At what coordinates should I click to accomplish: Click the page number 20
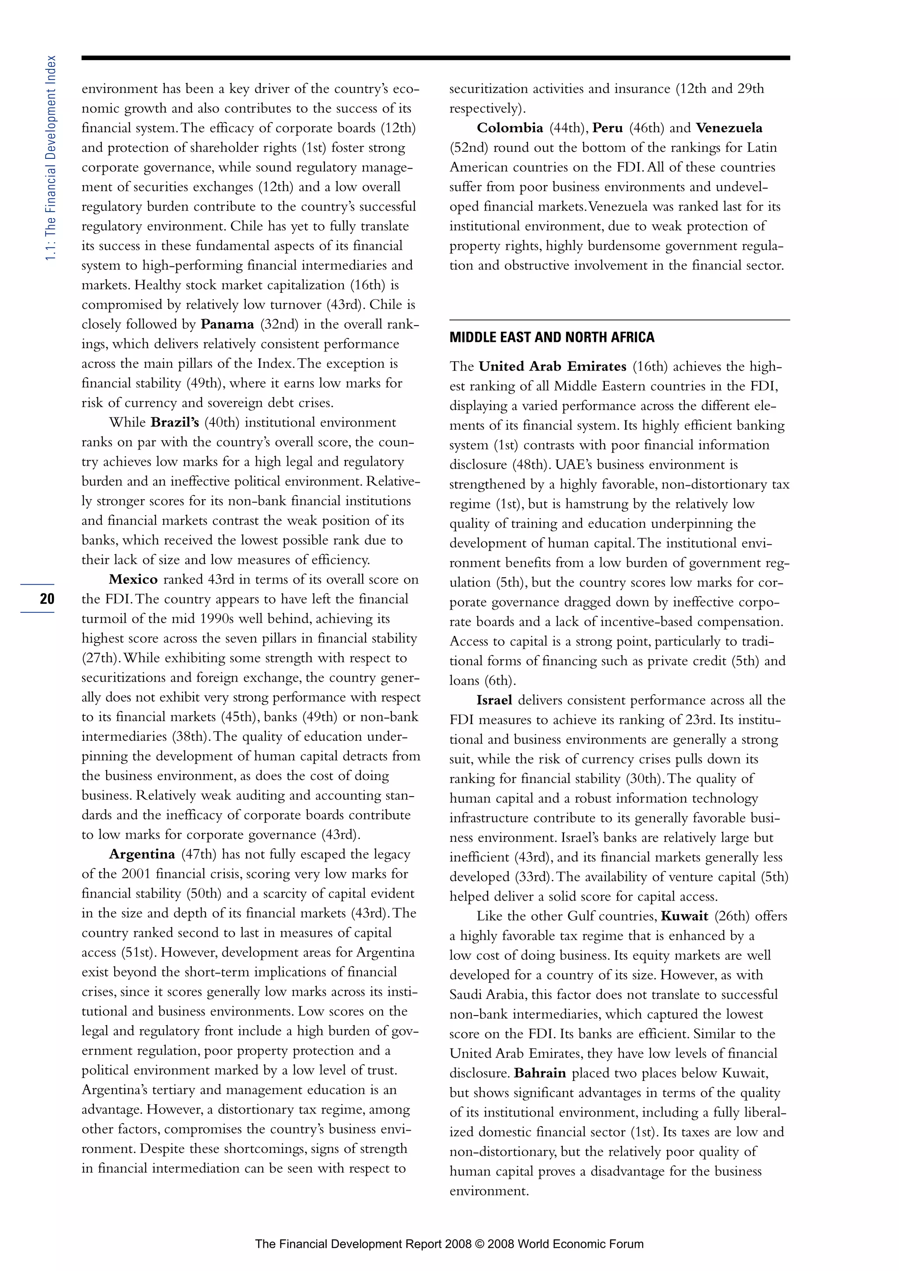pyautogui.click(x=47, y=598)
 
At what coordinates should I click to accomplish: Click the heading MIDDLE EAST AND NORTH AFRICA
pyautogui.click(x=551, y=337)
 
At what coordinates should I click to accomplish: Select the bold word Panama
pyautogui.click(x=227, y=324)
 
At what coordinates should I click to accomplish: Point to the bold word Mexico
pyautogui.click(x=133, y=580)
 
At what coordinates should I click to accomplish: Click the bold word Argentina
pyautogui.click(x=142, y=854)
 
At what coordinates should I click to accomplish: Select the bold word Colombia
pyautogui.click(x=510, y=128)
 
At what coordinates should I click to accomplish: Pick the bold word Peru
pyautogui.click(x=607, y=128)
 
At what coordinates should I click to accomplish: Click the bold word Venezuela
pyautogui.click(x=729, y=128)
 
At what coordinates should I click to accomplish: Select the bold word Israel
pyautogui.click(x=494, y=700)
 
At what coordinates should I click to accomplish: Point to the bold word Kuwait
pyautogui.click(x=684, y=916)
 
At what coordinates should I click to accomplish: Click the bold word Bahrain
pyautogui.click(x=540, y=1073)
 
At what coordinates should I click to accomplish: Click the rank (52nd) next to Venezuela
pyautogui.click(x=468, y=148)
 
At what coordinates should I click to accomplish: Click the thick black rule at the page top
pyautogui.click(x=435, y=57)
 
